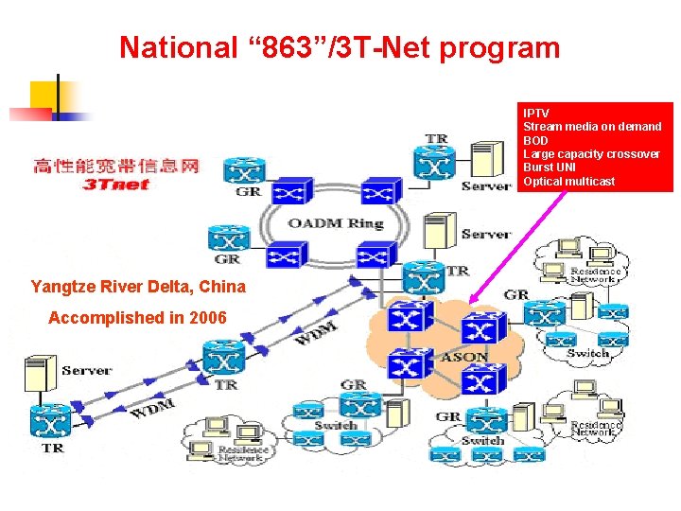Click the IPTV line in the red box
click(536, 114)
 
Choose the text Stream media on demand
click(592, 127)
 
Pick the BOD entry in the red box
click(535, 140)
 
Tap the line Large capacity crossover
click(591, 154)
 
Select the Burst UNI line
click(550, 167)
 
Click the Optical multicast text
click(568, 181)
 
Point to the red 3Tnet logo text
click(116, 185)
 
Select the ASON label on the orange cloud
click(464, 358)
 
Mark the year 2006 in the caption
click(207, 318)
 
